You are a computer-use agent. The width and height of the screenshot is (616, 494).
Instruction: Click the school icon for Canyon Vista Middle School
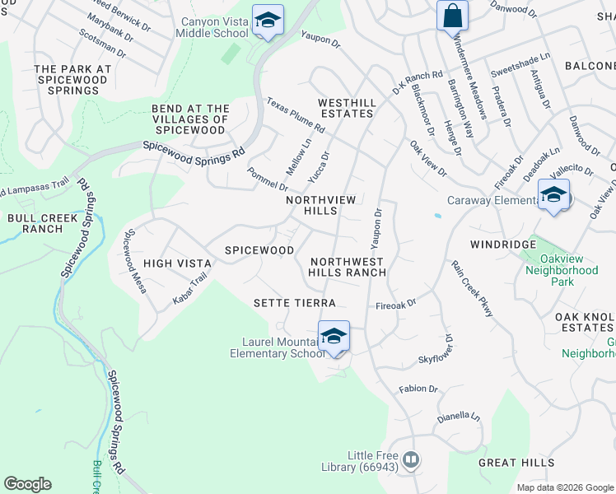(x=268, y=21)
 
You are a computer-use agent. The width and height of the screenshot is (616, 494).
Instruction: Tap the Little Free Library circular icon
(x=411, y=459)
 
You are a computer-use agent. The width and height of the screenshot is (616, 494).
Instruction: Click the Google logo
(x=27, y=484)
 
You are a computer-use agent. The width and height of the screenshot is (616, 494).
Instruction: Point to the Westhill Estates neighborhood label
(x=347, y=108)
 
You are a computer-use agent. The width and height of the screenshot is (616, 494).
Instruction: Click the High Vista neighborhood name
(x=177, y=263)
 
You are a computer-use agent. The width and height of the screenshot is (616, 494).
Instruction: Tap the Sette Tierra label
(x=295, y=303)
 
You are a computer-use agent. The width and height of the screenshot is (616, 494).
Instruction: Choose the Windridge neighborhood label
(x=497, y=245)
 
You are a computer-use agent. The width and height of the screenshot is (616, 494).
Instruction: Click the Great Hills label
(x=508, y=464)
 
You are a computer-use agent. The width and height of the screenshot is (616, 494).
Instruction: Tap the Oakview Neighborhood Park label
(x=562, y=276)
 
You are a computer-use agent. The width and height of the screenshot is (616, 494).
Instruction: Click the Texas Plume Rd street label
(x=295, y=115)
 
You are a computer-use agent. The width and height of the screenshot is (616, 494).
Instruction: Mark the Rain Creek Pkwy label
(x=471, y=288)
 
